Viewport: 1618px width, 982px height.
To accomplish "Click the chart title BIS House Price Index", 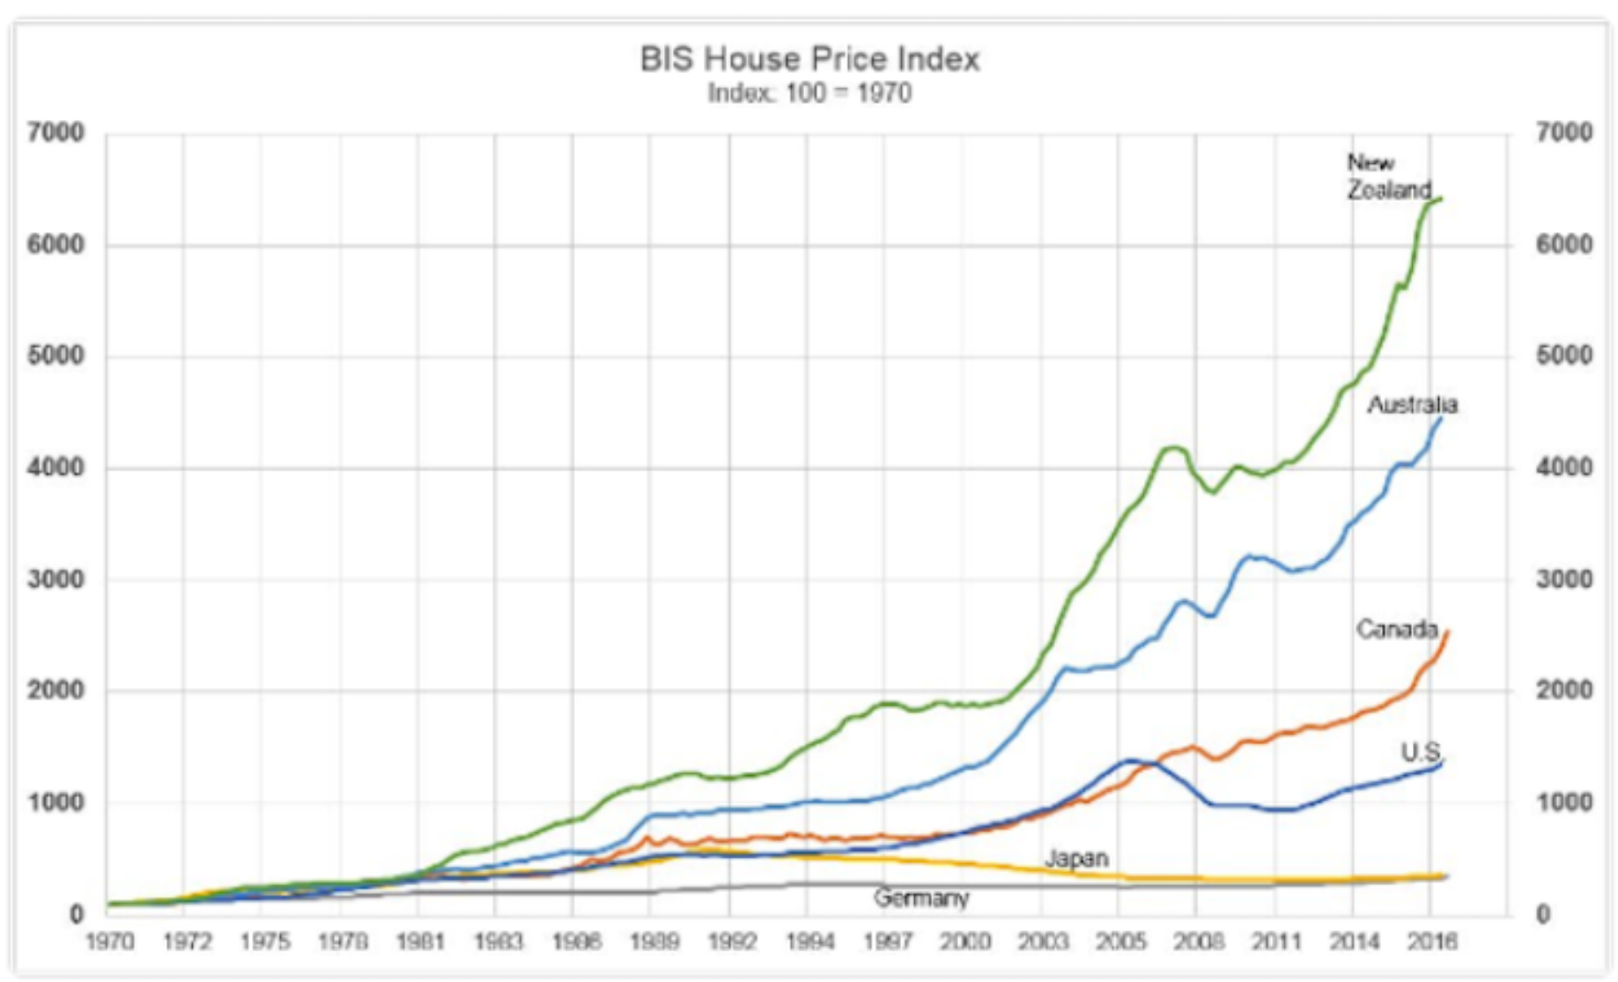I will [809, 60].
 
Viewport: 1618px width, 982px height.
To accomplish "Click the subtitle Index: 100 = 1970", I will [809, 93].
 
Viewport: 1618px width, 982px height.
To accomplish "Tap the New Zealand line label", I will [1388, 176].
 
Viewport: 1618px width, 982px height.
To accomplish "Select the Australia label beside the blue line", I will [1412, 405].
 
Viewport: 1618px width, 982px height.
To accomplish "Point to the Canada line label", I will [1396, 629].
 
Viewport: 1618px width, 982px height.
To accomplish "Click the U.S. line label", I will [1421, 752].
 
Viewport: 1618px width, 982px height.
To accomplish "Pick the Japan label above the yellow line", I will [1076, 858].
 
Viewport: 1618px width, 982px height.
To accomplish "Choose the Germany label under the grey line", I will [921, 898].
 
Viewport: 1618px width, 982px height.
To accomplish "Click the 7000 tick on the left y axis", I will [56, 133].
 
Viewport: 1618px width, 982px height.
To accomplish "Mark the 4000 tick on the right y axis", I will [1564, 468].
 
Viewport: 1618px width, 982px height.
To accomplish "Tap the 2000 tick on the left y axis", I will [56, 690].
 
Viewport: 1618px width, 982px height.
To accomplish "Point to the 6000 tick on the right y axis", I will [1564, 245].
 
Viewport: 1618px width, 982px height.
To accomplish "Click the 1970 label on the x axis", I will [109, 941].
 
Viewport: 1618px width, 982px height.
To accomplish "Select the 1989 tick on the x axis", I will [654, 941].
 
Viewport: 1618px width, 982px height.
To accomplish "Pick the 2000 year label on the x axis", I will [965, 941].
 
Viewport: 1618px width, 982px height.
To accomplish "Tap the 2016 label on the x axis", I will [1432, 941].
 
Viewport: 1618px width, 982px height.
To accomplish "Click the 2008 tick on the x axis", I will [1199, 941].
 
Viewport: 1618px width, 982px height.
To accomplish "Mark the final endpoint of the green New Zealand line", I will [1441, 199].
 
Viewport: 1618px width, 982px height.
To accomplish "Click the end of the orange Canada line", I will [1447, 631].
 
